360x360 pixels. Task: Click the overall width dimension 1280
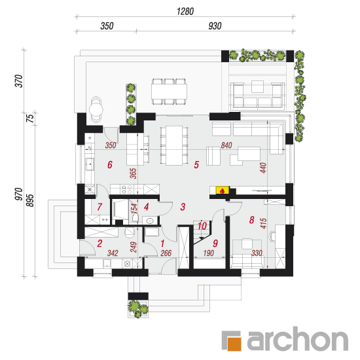tap(185, 11)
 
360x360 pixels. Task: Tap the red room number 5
tap(196, 164)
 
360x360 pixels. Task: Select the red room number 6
tap(110, 164)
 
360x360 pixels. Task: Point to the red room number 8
tap(251, 220)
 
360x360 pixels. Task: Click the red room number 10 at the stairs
tap(202, 226)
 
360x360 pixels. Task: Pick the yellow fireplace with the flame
tap(223, 190)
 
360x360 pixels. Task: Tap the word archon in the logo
tap(298, 338)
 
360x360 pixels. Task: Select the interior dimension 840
tap(226, 145)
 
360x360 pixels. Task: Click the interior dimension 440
tap(263, 168)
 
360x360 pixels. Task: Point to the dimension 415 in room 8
tap(263, 223)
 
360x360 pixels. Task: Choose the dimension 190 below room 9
tap(208, 253)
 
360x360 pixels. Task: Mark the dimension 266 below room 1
tap(166, 253)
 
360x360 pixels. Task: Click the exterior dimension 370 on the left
tap(19, 81)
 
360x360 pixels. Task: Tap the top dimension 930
tap(215, 26)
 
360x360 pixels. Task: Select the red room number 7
tap(99, 207)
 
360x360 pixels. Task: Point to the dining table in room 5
tap(174, 145)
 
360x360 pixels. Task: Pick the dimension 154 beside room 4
tap(134, 207)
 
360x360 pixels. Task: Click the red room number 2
tap(99, 243)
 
